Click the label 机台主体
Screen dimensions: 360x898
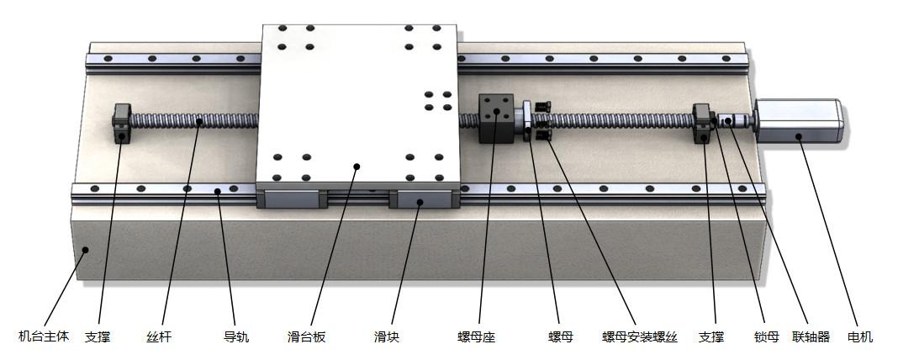pyautogui.click(x=40, y=337)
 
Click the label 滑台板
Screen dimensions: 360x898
pyautogui.click(x=306, y=337)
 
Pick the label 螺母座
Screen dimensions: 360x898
pyautogui.click(x=476, y=337)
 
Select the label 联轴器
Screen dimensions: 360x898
pyautogui.click(x=811, y=337)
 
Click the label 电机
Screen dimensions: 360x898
pyautogui.click(x=860, y=337)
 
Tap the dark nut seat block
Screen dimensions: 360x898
pyautogui.click(x=495, y=119)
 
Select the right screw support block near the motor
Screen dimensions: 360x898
pyautogui.click(x=703, y=124)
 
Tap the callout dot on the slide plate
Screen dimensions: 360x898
pyautogui.click(x=357, y=167)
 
